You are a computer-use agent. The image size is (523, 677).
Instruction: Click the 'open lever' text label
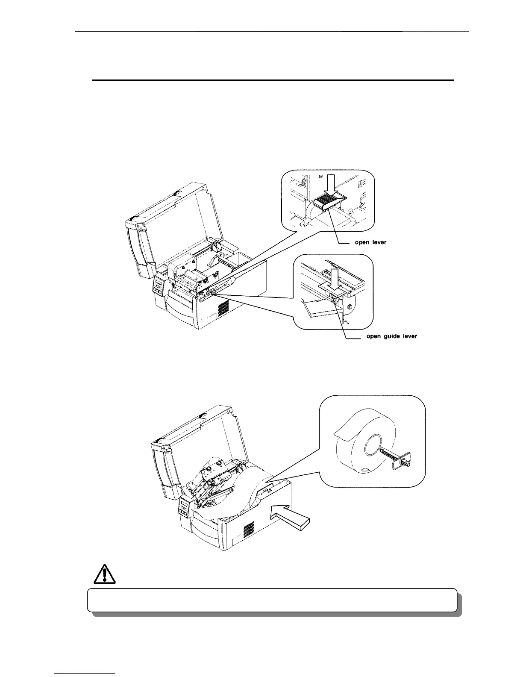click(370, 242)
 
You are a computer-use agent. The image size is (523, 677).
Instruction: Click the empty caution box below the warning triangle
click(272, 600)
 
